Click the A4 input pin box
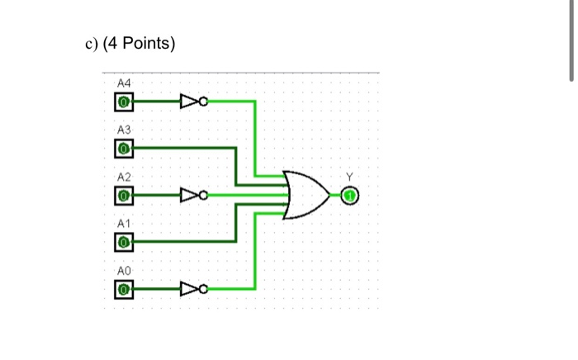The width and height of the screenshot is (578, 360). (x=123, y=102)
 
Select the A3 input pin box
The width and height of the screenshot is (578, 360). (x=123, y=149)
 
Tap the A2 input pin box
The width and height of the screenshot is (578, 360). (x=123, y=196)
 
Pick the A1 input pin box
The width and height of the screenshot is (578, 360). (x=123, y=242)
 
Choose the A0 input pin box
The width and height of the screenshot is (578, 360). (x=123, y=289)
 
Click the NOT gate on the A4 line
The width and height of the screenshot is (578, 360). (x=192, y=102)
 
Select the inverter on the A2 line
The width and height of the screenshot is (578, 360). (x=192, y=196)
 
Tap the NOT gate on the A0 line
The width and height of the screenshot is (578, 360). (x=192, y=289)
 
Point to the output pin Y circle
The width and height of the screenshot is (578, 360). (x=348, y=196)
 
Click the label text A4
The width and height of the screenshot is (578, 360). (x=124, y=83)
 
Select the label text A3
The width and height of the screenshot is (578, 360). (x=124, y=130)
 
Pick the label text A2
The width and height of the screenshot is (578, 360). (x=124, y=178)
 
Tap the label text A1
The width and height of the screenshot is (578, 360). (x=124, y=224)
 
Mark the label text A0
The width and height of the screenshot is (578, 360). (x=124, y=270)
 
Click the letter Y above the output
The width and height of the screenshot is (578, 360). (x=348, y=177)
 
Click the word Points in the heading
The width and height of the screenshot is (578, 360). (x=144, y=44)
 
